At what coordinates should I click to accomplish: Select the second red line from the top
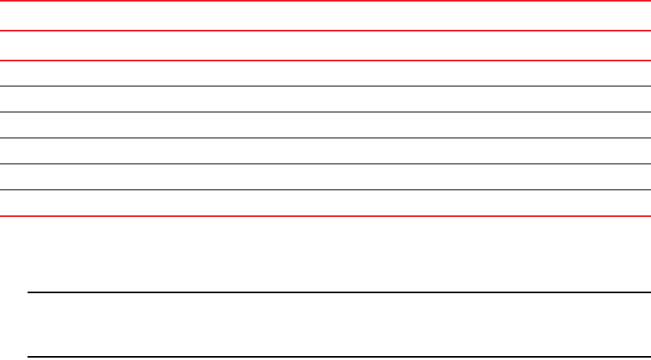[325, 31]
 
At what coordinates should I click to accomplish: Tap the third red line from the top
[325, 61]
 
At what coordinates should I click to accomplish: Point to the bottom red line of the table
[325, 215]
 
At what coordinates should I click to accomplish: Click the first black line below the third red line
[325, 86]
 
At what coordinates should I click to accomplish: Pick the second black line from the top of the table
[325, 112]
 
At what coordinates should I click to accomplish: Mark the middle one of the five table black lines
[325, 138]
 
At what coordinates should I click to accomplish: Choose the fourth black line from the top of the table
[325, 164]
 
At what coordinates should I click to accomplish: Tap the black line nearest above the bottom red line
[325, 190]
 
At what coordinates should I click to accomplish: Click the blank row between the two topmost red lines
[325, 17]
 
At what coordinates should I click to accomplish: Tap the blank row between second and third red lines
[325, 46]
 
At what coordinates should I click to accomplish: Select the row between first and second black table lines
[325, 100]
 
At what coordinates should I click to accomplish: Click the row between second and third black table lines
[325, 126]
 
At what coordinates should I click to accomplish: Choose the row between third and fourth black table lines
[325, 152]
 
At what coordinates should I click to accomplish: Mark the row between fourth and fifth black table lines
[325, 178]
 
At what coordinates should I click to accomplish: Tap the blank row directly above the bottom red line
[325, 203]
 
